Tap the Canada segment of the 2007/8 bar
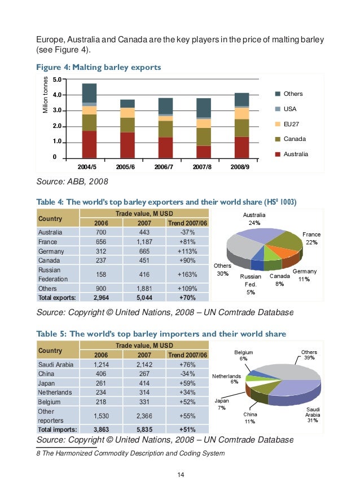tap(204, 136)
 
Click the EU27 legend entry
tap(291, 123)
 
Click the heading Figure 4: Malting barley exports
tap(99, 68)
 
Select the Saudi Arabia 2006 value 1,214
tap(101, 365)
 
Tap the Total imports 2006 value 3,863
tap(101, 429)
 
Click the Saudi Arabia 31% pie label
tap(313, 415)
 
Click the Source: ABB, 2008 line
tap(72, 182)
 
